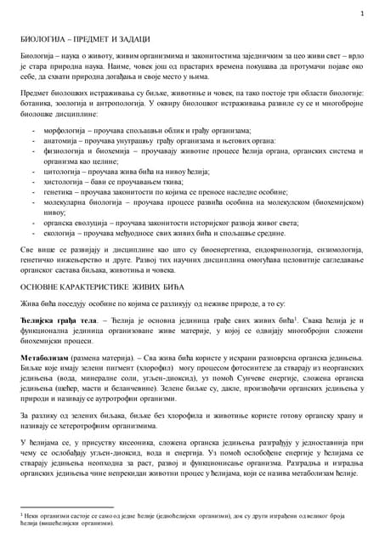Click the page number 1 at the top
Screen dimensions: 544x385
(x=362, y=14)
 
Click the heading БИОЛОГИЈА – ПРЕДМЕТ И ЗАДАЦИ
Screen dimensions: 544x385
(x=85, y=40)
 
